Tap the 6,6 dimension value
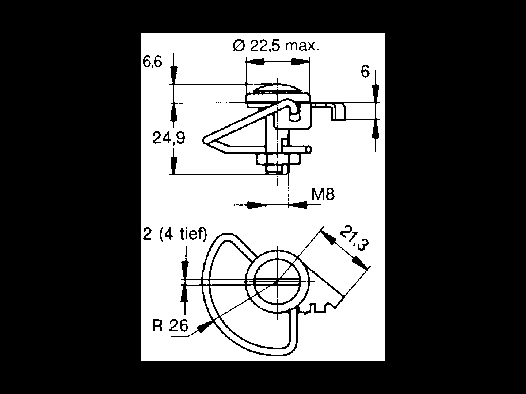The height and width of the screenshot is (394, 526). (x=152, y=62)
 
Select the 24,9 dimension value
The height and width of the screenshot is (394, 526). (x=169, y=138)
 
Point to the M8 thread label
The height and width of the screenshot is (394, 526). (x=323, y=194)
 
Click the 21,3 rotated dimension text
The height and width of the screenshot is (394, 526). (x=354, y=238)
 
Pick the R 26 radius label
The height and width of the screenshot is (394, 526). (x=170, y=325)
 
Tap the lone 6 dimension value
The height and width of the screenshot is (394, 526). (x=365, y=72)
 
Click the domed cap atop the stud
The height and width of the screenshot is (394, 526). (x=278, y=89)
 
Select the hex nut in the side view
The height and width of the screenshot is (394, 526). (x=278, y=159)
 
